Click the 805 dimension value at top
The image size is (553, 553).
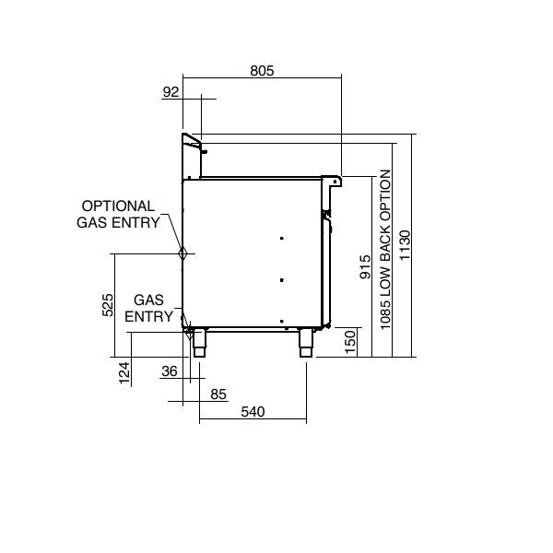point(262,71)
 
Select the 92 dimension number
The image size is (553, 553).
point(171,92)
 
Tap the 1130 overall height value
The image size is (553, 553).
point(405,245)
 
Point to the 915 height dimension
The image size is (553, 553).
point(365,266)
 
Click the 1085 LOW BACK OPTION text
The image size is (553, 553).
point(385,250)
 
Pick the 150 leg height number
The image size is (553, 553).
point(350,342)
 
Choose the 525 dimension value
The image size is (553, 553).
point(108,305)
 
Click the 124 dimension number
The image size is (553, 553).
point(124,372)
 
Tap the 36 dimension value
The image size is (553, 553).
point(170,371)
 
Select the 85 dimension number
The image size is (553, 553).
point(218,394)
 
